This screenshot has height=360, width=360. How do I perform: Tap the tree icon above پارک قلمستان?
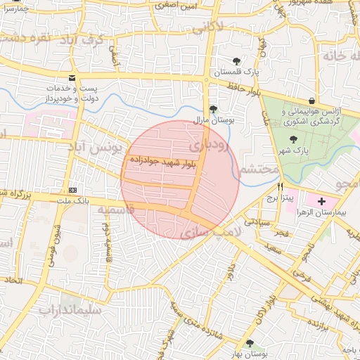click(236, 61)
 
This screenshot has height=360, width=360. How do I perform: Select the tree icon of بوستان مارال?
click(213, 108)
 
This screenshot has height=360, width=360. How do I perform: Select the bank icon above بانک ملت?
click(72, 191)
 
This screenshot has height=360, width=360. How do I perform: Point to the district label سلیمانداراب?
click(70, 309)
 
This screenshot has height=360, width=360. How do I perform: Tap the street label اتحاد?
click(17, 281)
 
